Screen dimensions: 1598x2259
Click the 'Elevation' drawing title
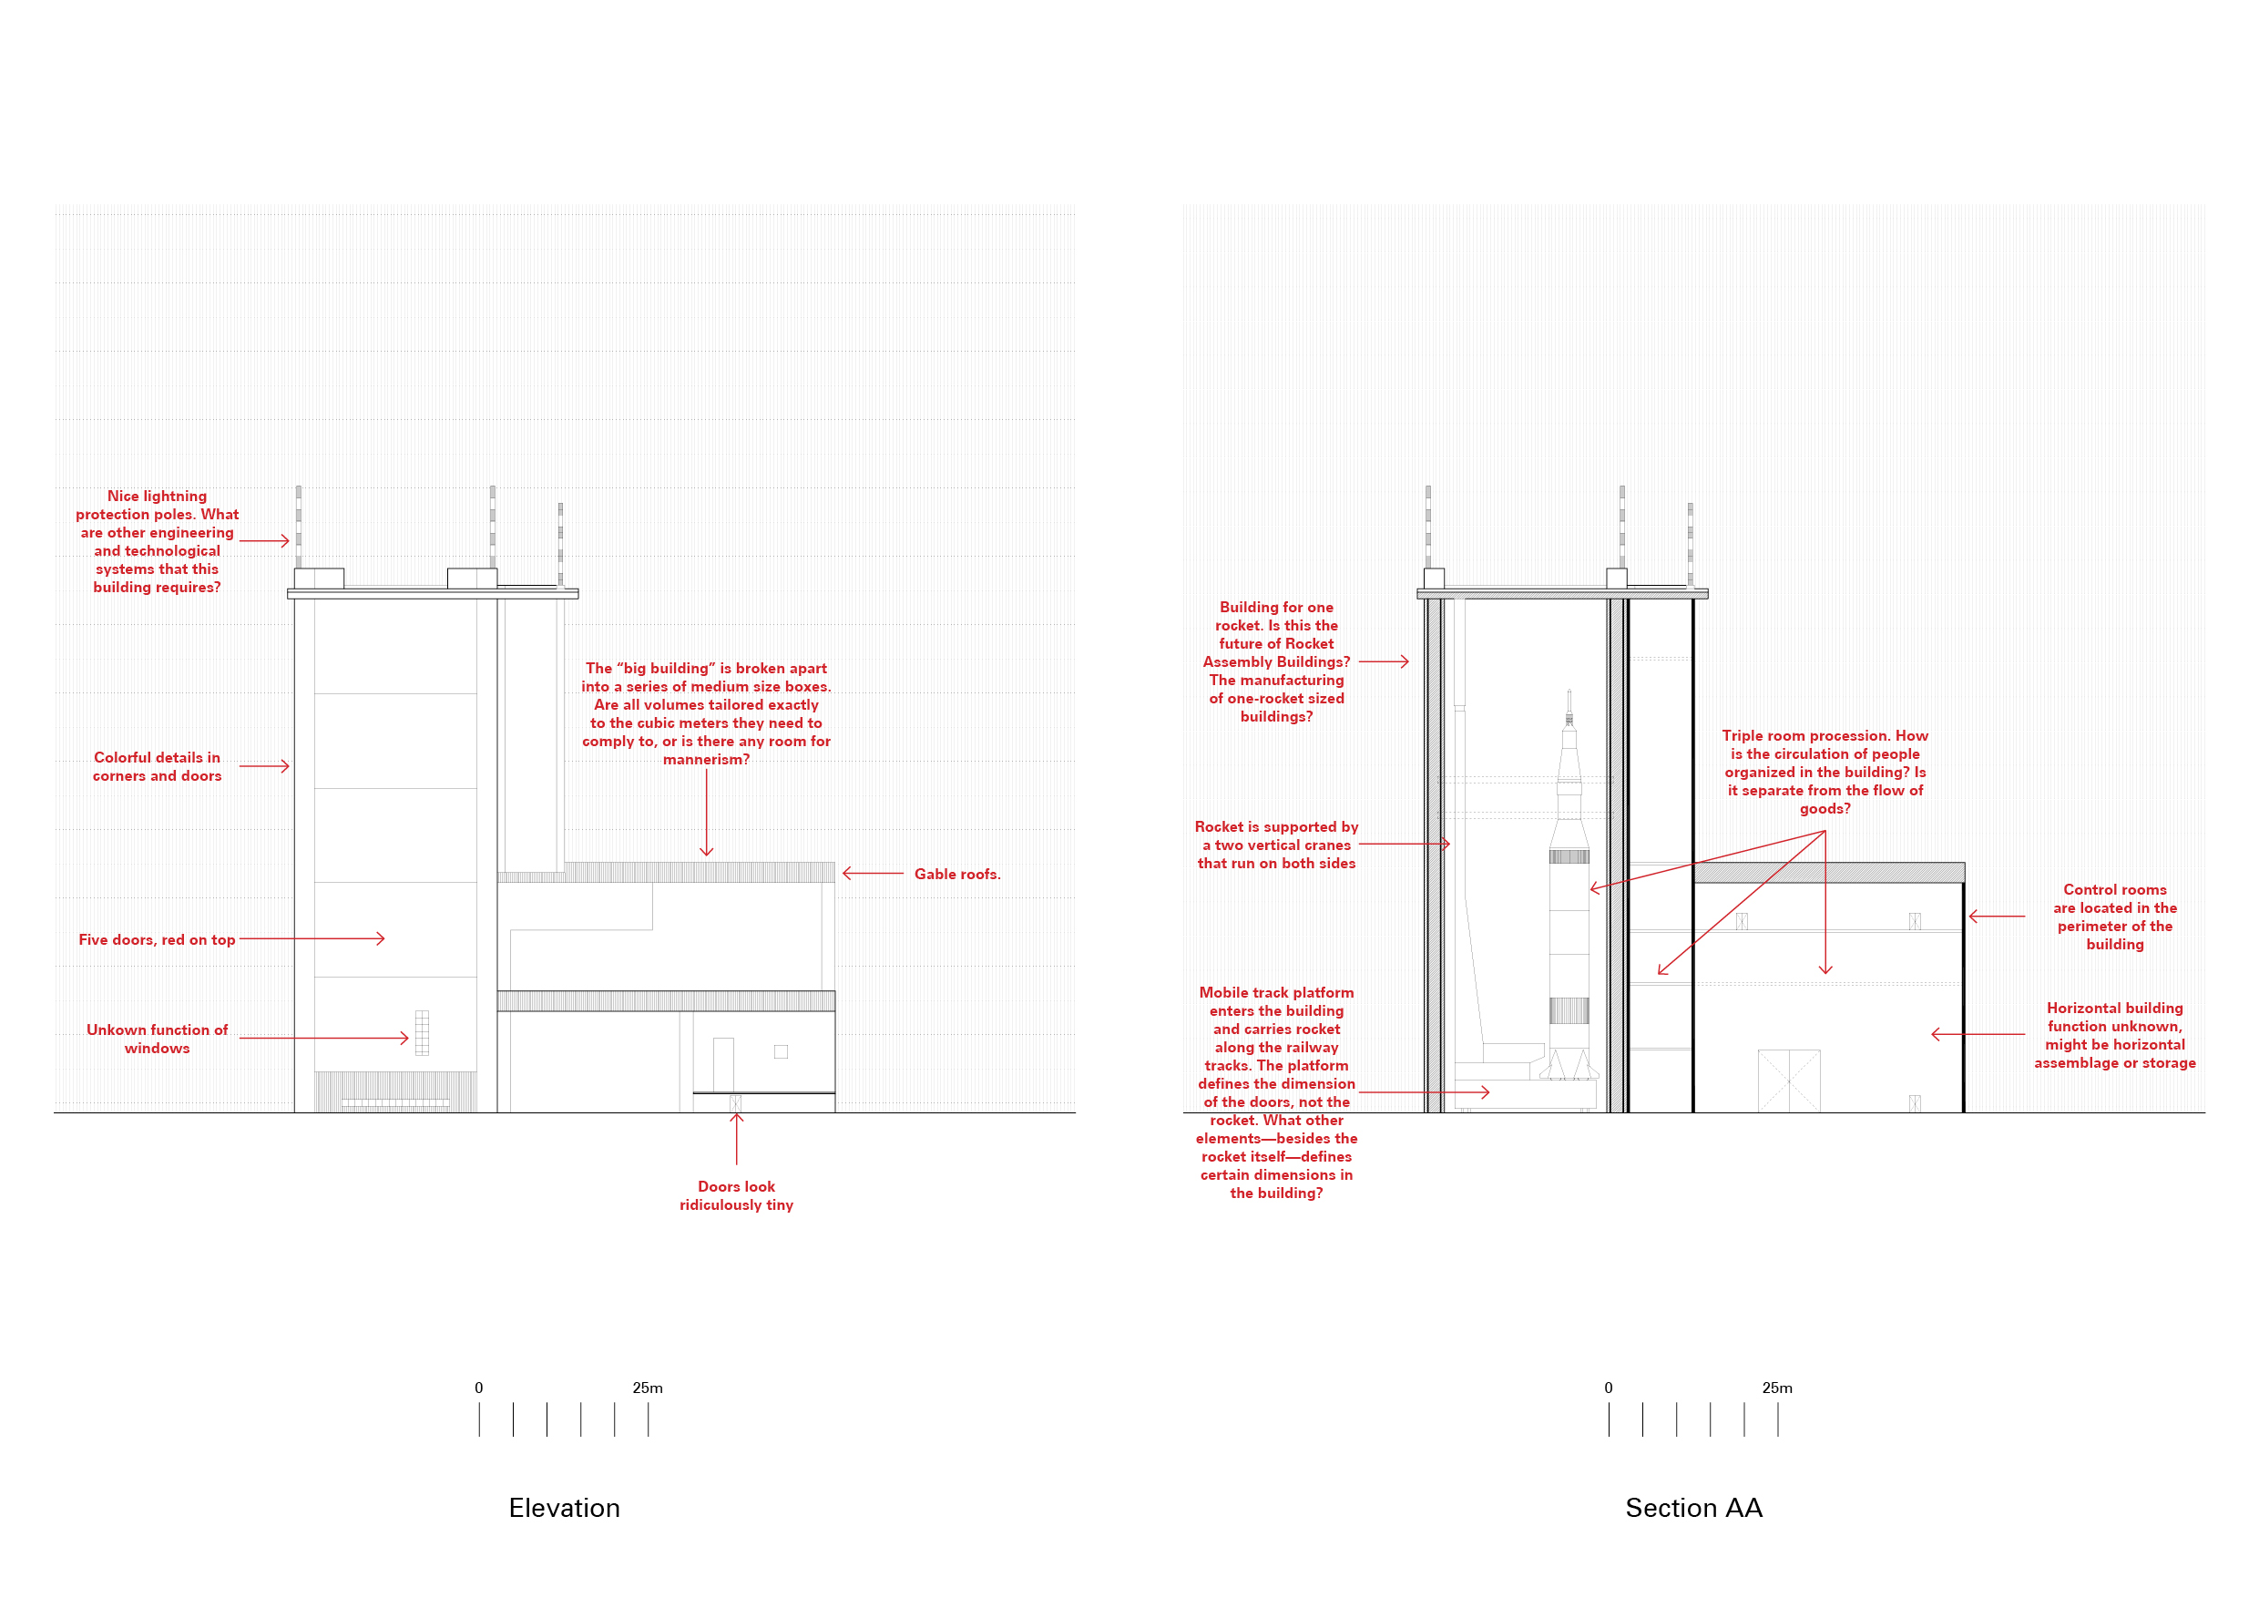(564, 1508)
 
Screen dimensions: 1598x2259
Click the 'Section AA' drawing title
(1693, 1508)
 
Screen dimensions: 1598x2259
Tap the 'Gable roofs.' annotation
(956, 874)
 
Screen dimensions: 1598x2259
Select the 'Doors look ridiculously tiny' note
(736, 1195)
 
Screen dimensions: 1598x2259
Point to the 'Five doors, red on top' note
(157, 939)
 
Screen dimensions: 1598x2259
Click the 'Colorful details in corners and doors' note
(157, 766)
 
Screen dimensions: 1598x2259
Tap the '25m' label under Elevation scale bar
(648, 1388)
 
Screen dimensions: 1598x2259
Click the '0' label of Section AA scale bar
(1609, 1388)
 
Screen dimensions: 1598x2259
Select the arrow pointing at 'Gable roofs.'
(873, 873)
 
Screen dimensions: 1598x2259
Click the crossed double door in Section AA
(1789, 1081)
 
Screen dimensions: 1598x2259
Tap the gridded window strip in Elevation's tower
(422, 1032)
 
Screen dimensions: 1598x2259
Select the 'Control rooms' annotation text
(2114, 917)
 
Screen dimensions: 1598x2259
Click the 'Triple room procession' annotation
(1825, 772)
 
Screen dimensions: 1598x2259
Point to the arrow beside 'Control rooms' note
(1997, 917)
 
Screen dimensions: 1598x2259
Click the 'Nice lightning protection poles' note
(157, 541)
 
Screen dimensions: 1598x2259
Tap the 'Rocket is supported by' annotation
(1276, 845)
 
